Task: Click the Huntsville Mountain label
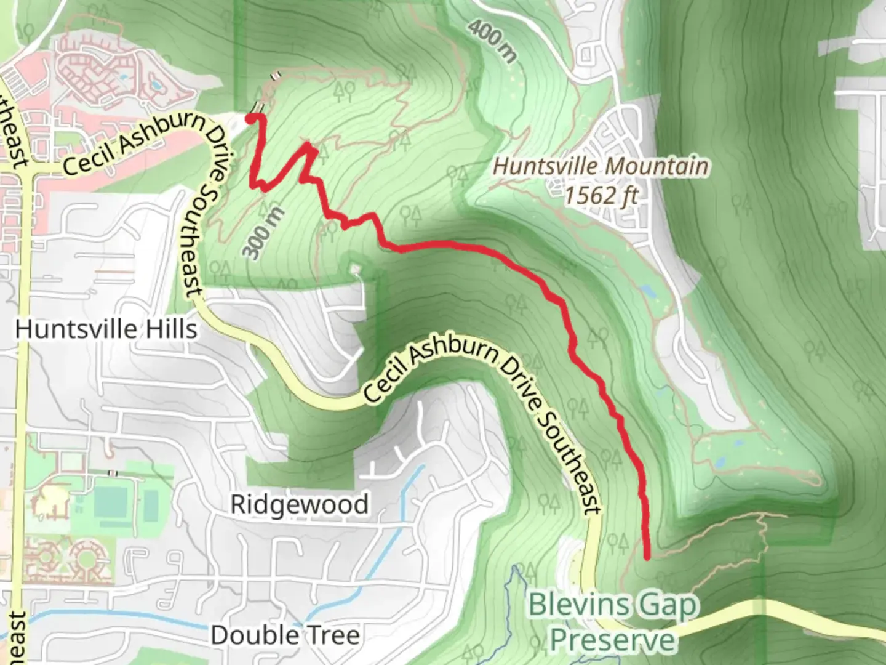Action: [601, 166]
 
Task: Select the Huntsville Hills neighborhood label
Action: [106, 329]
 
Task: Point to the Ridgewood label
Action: [300, 504]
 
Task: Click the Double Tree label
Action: [285, 635]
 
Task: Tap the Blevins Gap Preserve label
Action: [613, 622]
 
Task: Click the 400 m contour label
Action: [492, 41]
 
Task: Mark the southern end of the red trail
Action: [647, 557]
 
